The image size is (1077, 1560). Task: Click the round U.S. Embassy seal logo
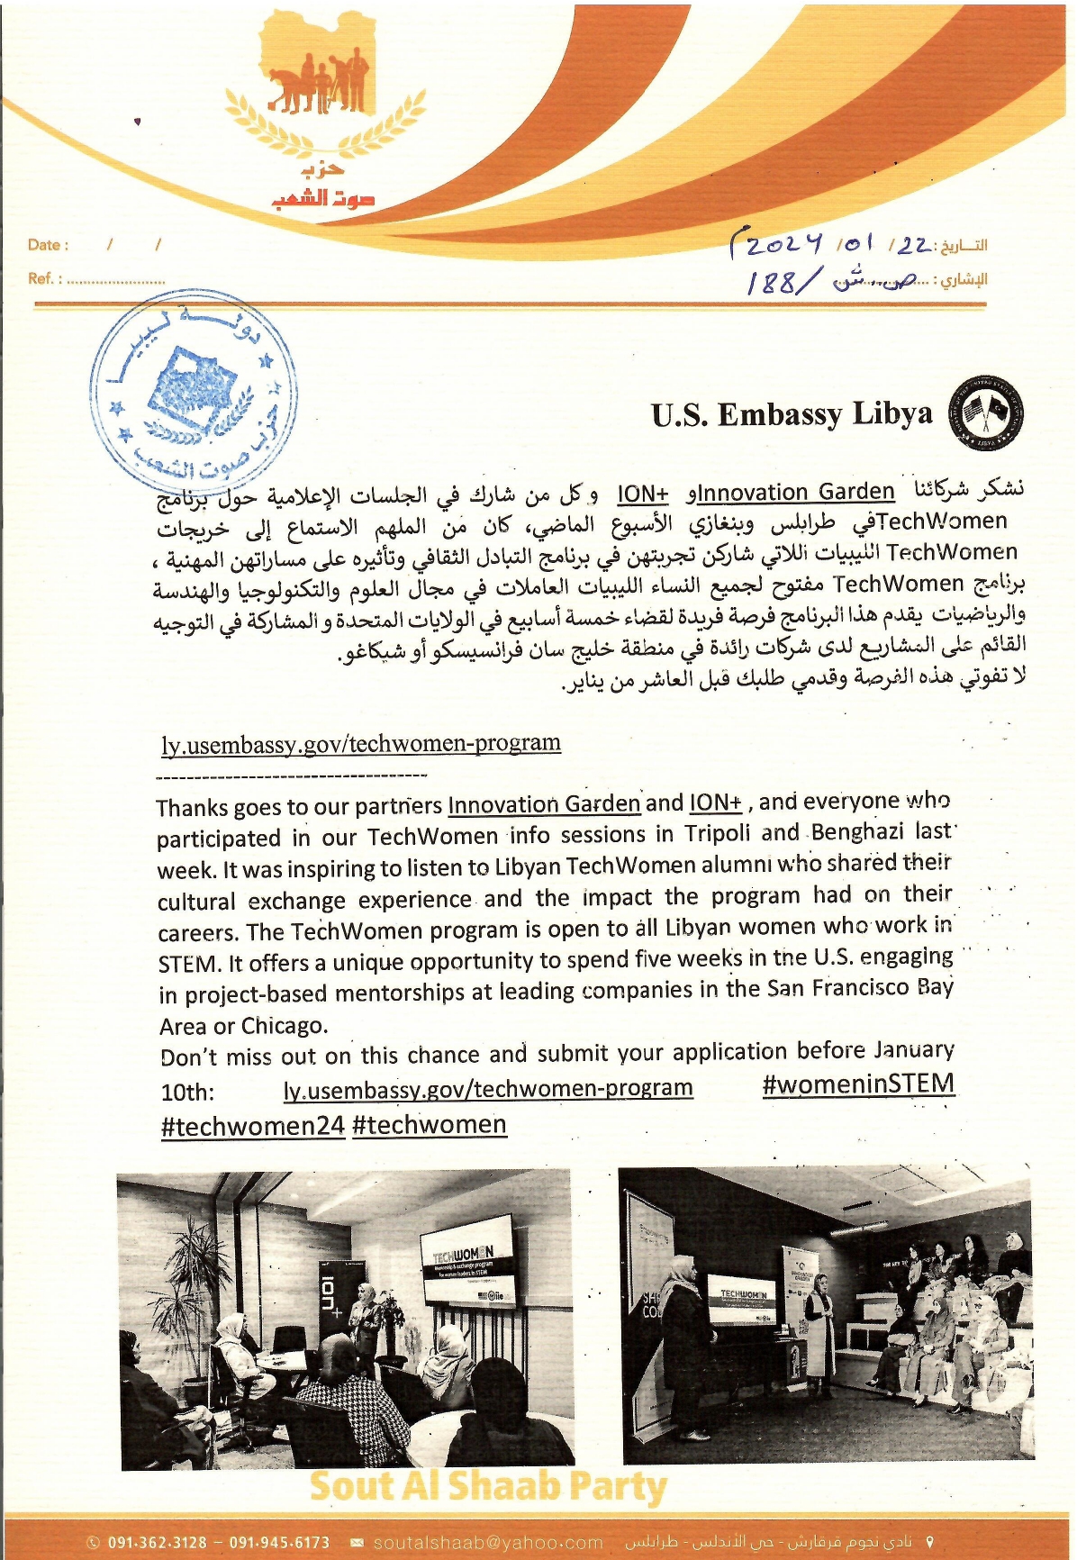(x=987, y=414)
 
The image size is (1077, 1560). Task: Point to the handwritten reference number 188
(x=772, y=283)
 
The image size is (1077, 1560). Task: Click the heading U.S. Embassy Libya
(x=792, y=414)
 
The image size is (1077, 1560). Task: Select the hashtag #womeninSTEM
(x=857, y=1084)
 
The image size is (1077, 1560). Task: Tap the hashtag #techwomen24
(x=252, y=1126)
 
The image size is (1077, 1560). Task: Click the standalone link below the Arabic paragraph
(x=361, y=744)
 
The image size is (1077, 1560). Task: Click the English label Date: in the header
(x=48, y=245)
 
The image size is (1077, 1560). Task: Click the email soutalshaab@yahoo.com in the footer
(x=487, y=1543)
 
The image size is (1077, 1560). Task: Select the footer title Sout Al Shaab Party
(x=488, y=1487)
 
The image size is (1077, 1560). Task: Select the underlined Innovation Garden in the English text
(x=544, y=804)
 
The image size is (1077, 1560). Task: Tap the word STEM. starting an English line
(x=189, y=964)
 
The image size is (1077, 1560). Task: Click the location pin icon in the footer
(x=930, y=1543)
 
